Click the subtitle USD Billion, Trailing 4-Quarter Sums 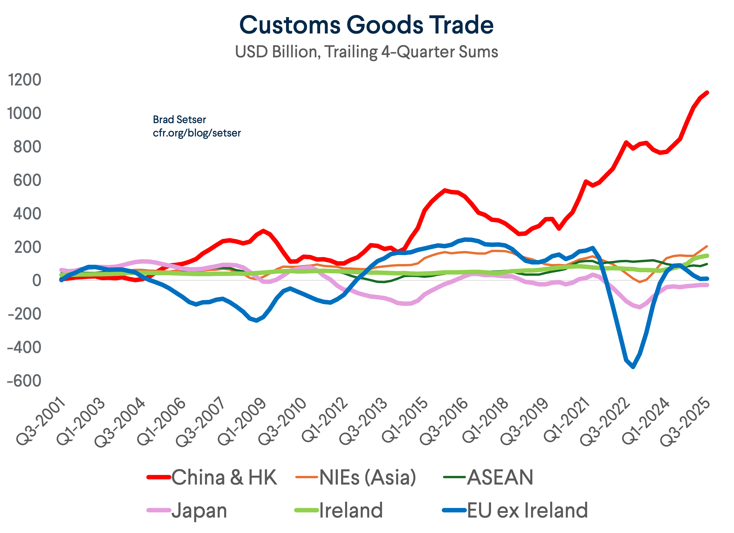[x=366, y=52]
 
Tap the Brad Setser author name [x=179, y=120]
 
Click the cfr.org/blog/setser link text [x=197, y=133]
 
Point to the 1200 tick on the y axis [x=25, y=80]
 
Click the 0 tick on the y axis [x=37, y=280]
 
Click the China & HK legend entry [x=224, y=477]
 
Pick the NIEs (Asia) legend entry [x=367, y=477]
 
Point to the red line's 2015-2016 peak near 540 [x=445, y=190]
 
